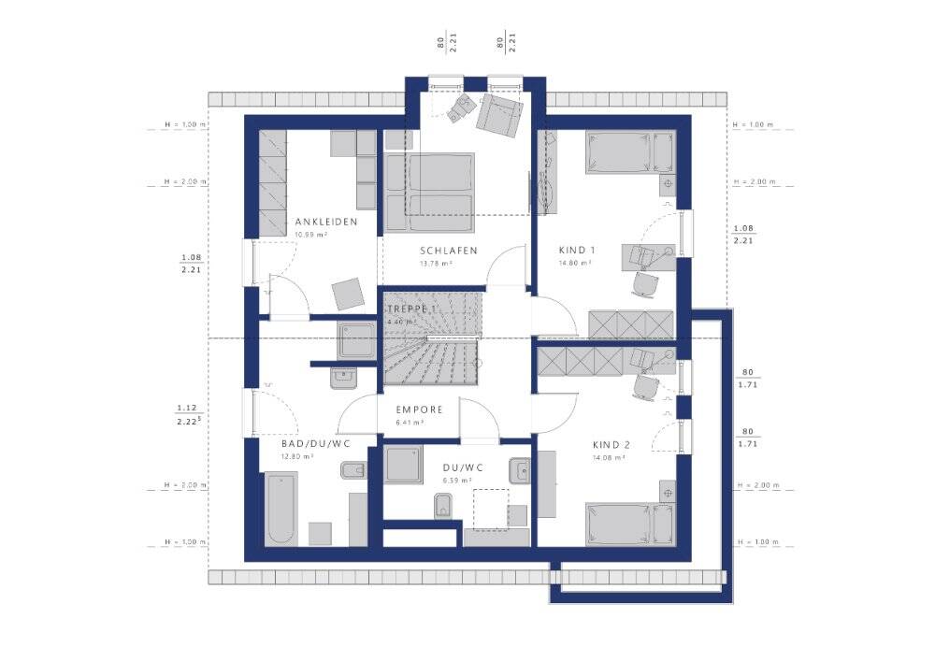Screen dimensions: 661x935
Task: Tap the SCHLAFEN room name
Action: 449,251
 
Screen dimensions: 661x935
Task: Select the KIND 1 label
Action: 577,251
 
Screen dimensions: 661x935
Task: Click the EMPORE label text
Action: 419,410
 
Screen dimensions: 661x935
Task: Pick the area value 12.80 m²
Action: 297,456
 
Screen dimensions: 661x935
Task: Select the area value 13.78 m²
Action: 436,264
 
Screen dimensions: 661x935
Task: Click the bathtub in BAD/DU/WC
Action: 281,509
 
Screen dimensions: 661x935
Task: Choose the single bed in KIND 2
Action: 629,524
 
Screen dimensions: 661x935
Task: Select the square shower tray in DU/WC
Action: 406,466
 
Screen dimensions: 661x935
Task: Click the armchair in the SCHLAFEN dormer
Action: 498,114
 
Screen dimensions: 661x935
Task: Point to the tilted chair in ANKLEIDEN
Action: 349,294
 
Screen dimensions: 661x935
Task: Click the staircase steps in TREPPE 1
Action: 430,359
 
